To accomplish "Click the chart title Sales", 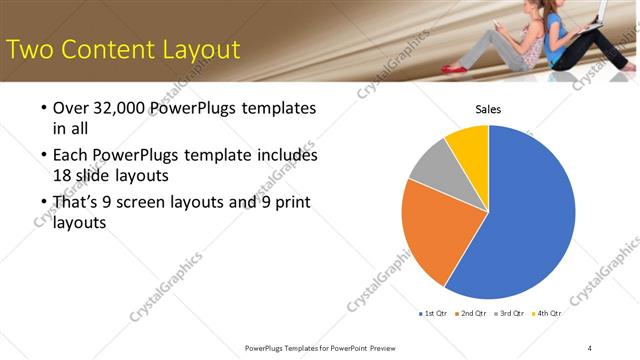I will pos(487,109).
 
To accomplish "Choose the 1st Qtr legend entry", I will pos(433,313).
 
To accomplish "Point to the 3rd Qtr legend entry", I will pos(509,313).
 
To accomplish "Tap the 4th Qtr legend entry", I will pos(546,313).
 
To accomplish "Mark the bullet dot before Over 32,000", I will pos(43,108).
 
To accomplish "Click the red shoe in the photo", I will pos(455,68).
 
